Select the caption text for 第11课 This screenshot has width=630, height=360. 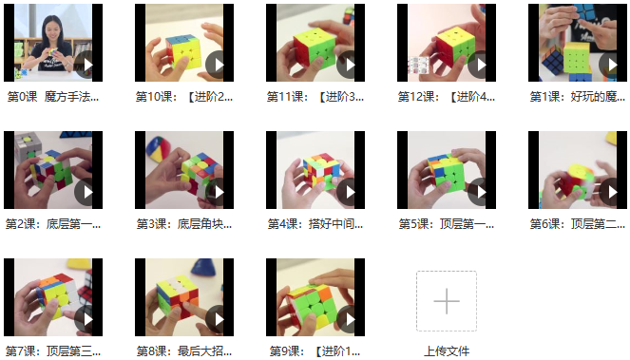tap(315, 97)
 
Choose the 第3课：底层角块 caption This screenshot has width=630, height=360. tap(184, 224)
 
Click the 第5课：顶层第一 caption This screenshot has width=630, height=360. tap(447, 224)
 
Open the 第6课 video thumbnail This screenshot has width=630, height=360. tap(578, 170)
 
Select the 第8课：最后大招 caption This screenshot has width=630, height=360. tap(184, 351)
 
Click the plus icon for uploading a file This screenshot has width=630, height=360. tap(447, 301)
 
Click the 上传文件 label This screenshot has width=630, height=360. tap(447, 351)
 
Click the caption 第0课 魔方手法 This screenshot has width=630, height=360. tap(53, 97)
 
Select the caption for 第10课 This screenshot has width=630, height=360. tap(184, 97)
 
